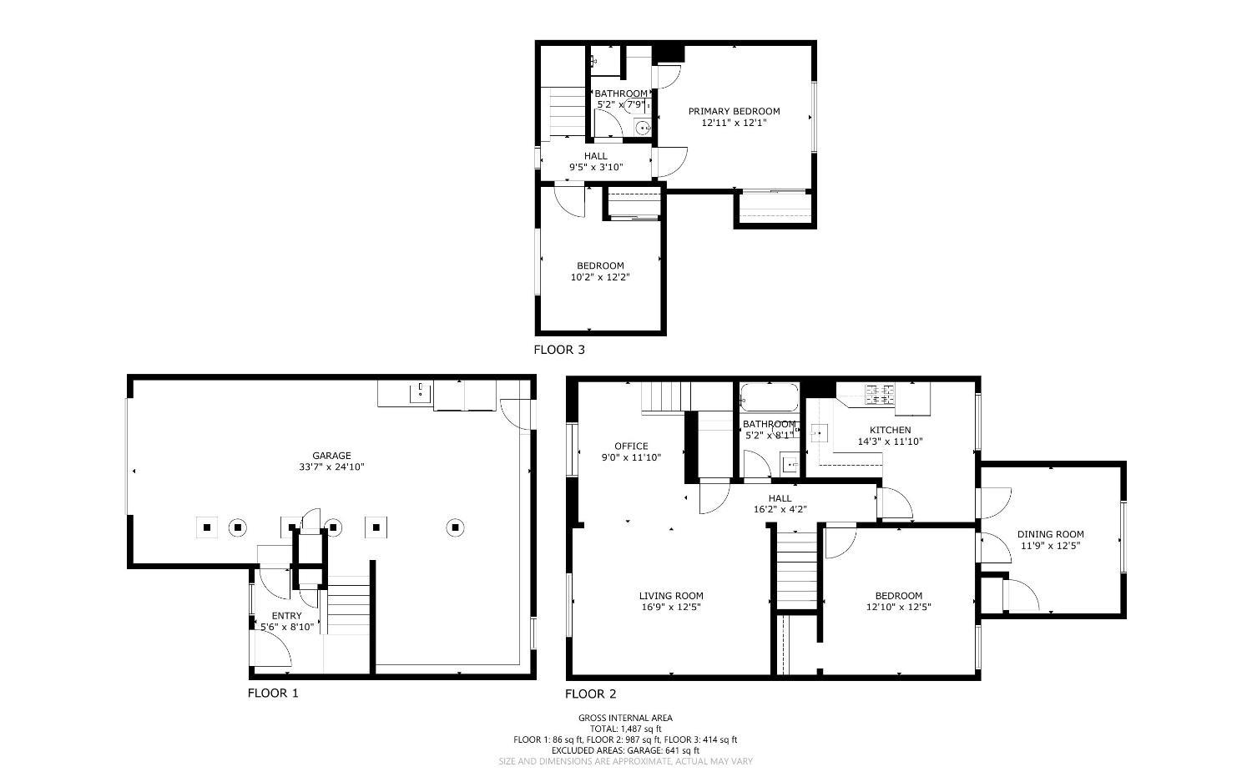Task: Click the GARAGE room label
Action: point(331,456)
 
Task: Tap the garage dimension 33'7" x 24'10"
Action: point(331,467)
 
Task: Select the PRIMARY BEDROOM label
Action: point(734,111)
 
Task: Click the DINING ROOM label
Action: point(1050,535)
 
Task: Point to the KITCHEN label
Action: point(890,431)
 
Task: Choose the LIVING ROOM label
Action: point(671,596)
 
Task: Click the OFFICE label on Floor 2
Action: point(631,446)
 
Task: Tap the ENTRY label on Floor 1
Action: point(286,616)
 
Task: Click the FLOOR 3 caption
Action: point(559,350)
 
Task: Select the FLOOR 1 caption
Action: point(273,693)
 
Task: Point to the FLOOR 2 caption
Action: point(590,694)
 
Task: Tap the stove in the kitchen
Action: point(881,394)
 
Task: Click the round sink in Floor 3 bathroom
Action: point(642,129)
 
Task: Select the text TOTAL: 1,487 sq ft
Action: point(625,729)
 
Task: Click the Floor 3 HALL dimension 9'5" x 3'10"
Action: point(596,167)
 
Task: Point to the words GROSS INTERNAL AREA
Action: point(625,718)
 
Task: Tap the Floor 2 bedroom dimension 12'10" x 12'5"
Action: point(898,608)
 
